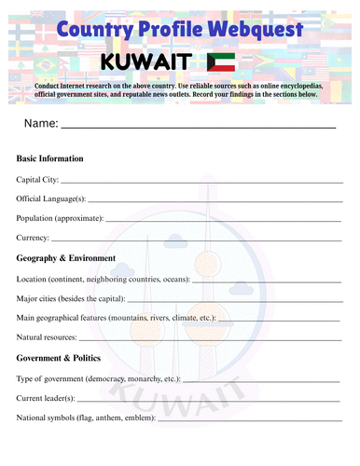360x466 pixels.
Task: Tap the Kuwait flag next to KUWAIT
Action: coord(221,62)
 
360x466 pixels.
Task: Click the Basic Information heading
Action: coord(50,158)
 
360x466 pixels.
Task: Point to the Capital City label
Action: coord(37,179)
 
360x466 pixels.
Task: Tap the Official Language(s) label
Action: coord(51,199)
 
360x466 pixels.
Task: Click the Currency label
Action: coord(34,238)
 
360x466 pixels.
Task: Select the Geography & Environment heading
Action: coord(66,258)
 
